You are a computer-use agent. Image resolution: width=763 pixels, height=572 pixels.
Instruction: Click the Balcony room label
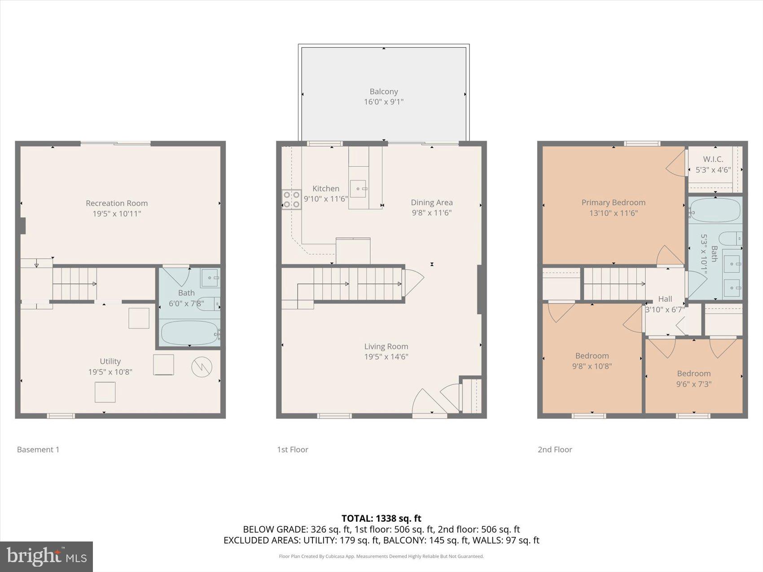tap(383, 92)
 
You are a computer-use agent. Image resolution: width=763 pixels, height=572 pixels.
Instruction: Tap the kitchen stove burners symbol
tap(292, 200)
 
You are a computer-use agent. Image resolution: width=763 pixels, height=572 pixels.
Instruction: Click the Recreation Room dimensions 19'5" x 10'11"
tap(117, 214)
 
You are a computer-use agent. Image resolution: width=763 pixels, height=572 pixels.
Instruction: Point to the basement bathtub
tap(190, 333)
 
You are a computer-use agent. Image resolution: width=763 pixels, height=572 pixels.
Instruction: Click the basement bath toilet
tap(208, 304)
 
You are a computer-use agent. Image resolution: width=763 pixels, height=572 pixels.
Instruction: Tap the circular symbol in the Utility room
tap(202, 367)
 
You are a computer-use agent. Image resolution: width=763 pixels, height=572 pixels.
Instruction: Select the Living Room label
tap(386, 346)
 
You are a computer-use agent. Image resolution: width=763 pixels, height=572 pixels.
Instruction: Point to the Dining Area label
tap(432, 202)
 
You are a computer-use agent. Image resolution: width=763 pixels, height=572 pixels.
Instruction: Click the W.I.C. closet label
tap(713, 159)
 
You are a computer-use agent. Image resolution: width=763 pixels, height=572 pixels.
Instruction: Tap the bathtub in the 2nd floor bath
tap(715, 210)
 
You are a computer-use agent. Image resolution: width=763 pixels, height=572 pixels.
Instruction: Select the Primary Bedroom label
tap(613, 202)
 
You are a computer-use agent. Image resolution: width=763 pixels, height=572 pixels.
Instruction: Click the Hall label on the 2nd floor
tap(665, 299)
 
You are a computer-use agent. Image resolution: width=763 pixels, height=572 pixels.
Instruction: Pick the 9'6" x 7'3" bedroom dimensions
tap(693, 384)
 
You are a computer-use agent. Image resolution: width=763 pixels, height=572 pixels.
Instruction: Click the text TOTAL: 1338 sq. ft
tap(381, 519)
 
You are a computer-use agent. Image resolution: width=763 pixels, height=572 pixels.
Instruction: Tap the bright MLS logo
tap(47, 557)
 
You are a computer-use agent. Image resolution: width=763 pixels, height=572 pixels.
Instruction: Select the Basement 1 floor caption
tap(38, 450)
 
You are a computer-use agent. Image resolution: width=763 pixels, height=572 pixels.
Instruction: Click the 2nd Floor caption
tap(555, 450)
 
